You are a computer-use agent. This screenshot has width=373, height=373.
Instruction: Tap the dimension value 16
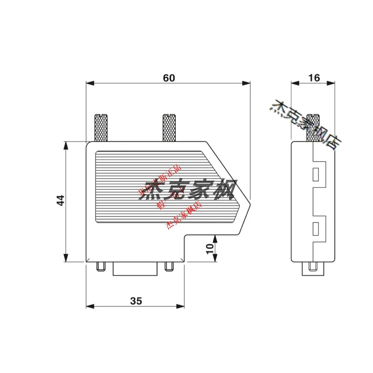pos(314,78)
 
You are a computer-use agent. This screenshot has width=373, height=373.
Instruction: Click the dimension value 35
pos(136,301)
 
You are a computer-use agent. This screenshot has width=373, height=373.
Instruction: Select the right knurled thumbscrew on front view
pos(169,128)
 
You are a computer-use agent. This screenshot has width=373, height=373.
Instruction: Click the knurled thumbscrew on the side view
pos(313,128)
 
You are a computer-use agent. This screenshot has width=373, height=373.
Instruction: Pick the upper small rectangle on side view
pos(316,175)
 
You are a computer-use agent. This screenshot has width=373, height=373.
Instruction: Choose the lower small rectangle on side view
pos(316,228)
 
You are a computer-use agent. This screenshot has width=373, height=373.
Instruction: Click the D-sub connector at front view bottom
pos(135,269)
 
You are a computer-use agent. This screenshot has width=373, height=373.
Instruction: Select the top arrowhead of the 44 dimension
pos(66,144)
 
